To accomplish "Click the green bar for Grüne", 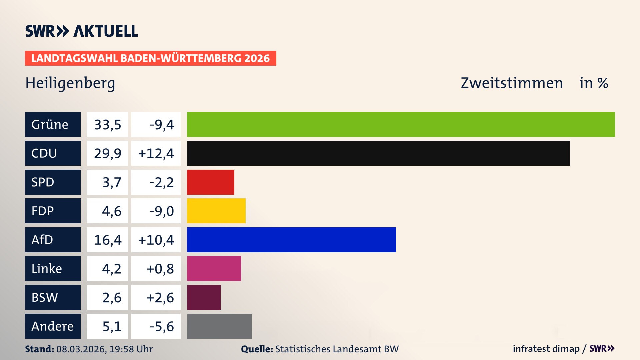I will [401, 124].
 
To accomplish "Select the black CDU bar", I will [378, 153].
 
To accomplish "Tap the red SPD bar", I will [210, 182].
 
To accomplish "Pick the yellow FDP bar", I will [216, 211].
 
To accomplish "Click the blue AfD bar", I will [291, 240].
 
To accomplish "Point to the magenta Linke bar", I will [214, 268].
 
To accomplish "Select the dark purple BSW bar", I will [204, 297].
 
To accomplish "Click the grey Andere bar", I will [219, 326].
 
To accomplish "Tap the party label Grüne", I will [50, 124].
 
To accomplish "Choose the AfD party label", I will [42, 240].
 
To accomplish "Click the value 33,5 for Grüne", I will [107, 125].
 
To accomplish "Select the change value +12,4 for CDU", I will [156, 153].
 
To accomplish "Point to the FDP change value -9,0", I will [162, 211].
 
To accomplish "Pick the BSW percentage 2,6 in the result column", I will [112, 297].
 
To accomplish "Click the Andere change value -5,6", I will [162, 326].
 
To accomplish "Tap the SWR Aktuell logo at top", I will [82, 31].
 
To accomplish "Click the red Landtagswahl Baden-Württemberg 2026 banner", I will [150, 58].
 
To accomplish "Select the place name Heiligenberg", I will [70, 83].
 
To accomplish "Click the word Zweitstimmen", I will [512, 83].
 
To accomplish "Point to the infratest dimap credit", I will [546, 349].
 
